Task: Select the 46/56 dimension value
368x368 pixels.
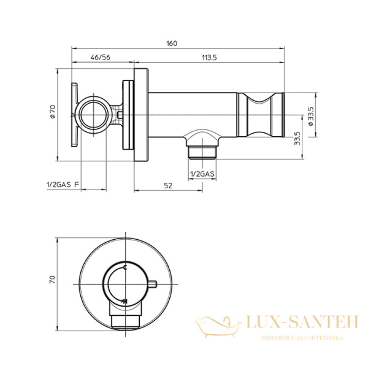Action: click(100, 57)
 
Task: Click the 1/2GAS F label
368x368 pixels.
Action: click(63, 185)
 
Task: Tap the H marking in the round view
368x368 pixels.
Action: click(125, 301)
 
